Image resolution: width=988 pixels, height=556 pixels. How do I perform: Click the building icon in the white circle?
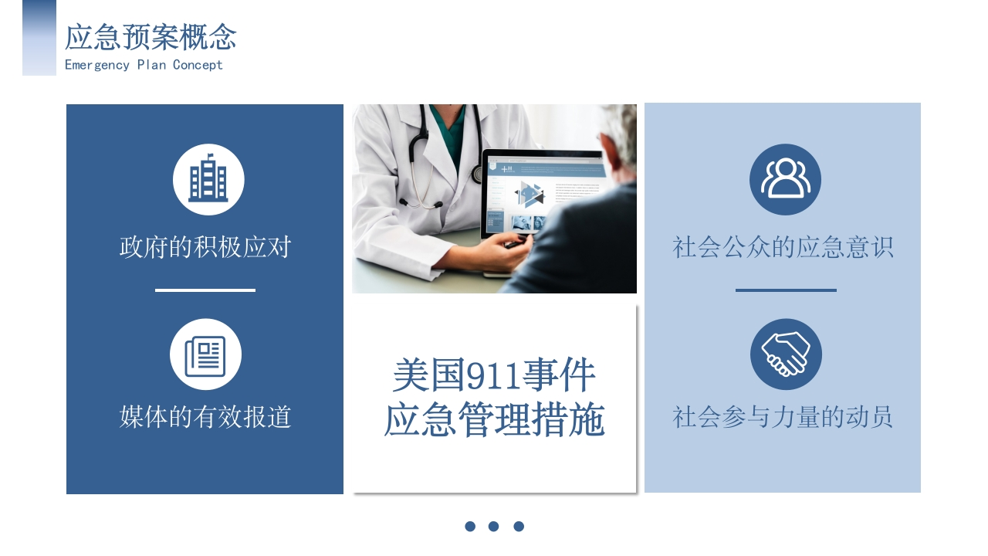[x=208, y=178]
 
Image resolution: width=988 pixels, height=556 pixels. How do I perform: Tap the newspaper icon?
[x=205, y=356]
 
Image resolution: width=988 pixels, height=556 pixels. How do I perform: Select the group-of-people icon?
[x=785, y=178]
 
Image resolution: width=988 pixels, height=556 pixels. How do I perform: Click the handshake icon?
[x=786, y=354]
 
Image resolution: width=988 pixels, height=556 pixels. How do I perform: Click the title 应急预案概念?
[x=151, y=37]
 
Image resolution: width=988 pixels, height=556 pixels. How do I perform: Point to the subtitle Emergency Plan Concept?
[x=144, y=66]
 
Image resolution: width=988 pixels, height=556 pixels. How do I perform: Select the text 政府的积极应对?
[x=205, y=246]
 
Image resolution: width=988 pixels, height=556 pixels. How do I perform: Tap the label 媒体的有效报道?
[x=205, y=416]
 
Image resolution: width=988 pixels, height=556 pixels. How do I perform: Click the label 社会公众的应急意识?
[x=783, y=246]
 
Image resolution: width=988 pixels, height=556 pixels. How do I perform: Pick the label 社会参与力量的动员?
[x=783, y=416]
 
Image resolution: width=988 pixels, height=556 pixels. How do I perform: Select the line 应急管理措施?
[x=495, y=419]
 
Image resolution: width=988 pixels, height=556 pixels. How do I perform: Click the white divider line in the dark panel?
[x=205, y=290]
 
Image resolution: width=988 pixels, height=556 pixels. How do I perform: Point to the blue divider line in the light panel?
[x=786, y=290]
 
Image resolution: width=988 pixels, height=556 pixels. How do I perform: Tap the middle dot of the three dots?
[x=493, y=526]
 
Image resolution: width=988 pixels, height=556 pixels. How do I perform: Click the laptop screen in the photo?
[x=543, y=194]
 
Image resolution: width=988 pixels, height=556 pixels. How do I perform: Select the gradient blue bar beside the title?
[x=39, y=38]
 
